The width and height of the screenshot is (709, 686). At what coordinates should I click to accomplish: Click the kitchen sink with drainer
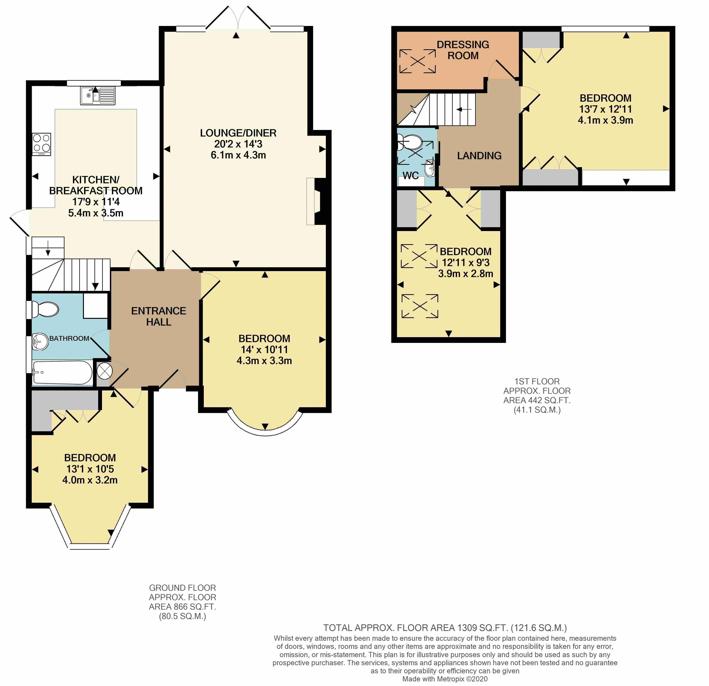click(x=98, y=96)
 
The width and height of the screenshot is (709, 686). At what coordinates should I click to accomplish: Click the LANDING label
click(x=479, y=156)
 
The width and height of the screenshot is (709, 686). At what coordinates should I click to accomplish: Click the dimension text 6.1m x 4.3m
click(x=238, y=155)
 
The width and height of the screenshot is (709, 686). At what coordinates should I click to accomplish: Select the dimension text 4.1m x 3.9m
click(x=605, y=120)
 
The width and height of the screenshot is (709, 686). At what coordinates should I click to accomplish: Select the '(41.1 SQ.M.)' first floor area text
click(x=537, y=410)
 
